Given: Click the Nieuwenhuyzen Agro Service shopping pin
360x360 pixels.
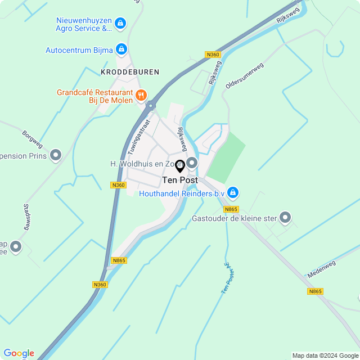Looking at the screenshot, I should point(120,24).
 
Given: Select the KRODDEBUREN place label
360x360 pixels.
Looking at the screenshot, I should point(130,72).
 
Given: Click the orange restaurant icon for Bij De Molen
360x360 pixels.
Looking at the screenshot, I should point(141,95).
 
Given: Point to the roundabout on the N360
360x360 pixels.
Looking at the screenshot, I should point(151,105).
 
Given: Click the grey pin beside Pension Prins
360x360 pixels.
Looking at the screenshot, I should point(56,155).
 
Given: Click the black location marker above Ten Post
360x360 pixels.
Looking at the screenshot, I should point(180,166).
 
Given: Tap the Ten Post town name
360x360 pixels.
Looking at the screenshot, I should point(180,181).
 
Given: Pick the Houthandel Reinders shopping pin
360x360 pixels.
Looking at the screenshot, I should point(233,193).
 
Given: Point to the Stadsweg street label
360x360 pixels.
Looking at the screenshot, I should point(26,217).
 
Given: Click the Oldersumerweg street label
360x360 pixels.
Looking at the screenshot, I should point(244,75).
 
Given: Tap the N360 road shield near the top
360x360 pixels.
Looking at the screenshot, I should point(212,55).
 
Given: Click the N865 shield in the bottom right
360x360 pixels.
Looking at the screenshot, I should point(316,291).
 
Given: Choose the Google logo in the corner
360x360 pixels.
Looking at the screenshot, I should point(19,353).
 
